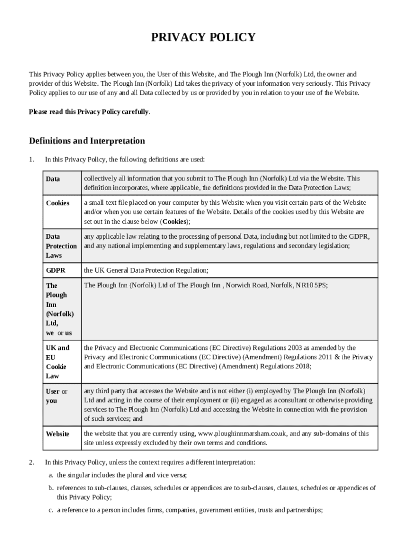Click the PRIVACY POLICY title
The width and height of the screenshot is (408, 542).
tap(203, 37)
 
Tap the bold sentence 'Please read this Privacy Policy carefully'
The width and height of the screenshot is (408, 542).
tap(88, 112)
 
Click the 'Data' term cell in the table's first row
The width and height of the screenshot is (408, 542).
tap(53, 179)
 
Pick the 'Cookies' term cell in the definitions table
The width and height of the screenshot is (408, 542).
tap(58, 203)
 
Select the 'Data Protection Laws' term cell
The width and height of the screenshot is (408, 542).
tap(61, 246)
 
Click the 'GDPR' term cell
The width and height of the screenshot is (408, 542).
tap(55, 270)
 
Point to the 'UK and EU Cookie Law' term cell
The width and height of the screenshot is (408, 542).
tap(57, 362)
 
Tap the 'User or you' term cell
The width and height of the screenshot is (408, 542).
tap(57, 396)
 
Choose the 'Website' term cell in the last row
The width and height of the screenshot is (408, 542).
tap(58, 433)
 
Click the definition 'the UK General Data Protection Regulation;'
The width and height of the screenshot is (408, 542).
tap(146, 270)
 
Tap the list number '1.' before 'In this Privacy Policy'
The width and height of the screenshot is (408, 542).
tap(31, 159)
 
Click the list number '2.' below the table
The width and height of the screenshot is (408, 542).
tap(31, 462)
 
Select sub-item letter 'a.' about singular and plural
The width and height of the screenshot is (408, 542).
tap(52, 475)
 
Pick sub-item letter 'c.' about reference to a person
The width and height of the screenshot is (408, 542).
tap(52, 510)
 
